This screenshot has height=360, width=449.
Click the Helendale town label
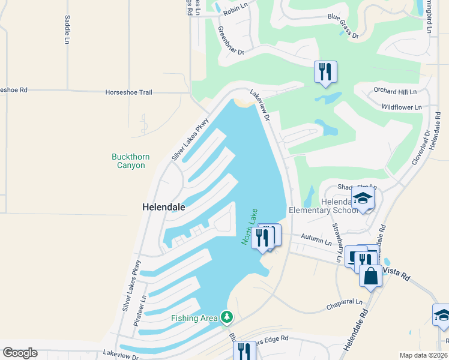pyautogui.click(x=163, y=206)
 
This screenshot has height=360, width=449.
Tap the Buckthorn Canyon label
pyautogui.click(x=131, y=161)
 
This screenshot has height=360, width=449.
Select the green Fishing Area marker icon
pyautogui.click(x=226, y=316)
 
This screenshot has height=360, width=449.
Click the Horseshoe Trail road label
pyautogui.click(x=128, y=92)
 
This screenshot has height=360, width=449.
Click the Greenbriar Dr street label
pyautogui.click(x=231, y=41)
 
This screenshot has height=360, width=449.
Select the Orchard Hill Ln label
pyautogui.click(x=395, y=92)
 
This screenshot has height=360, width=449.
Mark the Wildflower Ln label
pyautogui.click(x=402, y=107)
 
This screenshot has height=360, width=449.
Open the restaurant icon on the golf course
pyautogui.click(x=325, y=71)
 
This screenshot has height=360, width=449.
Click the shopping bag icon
pyautogui.click(x=370, y=276)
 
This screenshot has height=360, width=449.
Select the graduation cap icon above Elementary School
pyautogui.click(x=363, y=199)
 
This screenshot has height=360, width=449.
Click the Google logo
pyautogui.click(x=20, y=352)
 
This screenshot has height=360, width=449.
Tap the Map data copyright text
pyautogui.click(x=423, y=355)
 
